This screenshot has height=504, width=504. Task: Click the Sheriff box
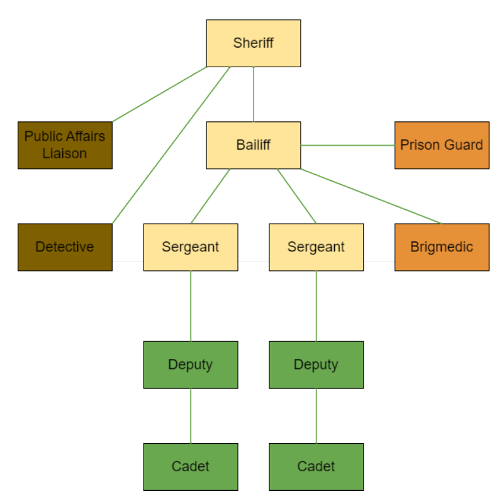[x=254, y=43]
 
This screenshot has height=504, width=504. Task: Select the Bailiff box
[x=254, y=145]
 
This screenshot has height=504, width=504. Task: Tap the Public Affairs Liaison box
[x=65, y=145]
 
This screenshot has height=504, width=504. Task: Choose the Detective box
[x=65, y=247]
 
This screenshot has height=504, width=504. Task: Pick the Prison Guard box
[x=442, y=145]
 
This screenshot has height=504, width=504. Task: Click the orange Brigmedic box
[x=442, y=247]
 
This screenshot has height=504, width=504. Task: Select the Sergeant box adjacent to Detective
[x=191, y=247]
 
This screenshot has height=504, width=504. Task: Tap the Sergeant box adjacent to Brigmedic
[x=316, y=247]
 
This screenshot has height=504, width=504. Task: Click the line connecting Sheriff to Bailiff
[x=254, y=94]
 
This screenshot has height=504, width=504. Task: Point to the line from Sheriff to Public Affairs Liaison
[x=159, y=94]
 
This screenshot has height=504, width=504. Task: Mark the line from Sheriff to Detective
[x=171, y=145]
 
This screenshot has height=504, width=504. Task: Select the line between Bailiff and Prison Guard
[x=348, y=145]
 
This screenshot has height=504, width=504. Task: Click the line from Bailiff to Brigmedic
[x=371, y=196]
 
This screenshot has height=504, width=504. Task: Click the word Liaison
[x=65, y=153]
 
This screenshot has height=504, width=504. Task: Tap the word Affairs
[x=84, y=136]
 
